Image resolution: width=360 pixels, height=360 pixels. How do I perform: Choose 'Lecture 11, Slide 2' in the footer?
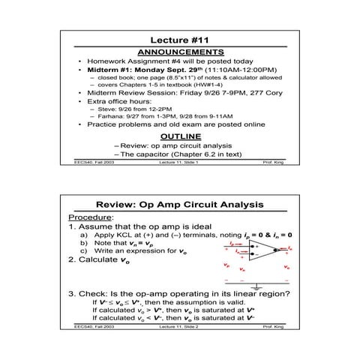(179, 327)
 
